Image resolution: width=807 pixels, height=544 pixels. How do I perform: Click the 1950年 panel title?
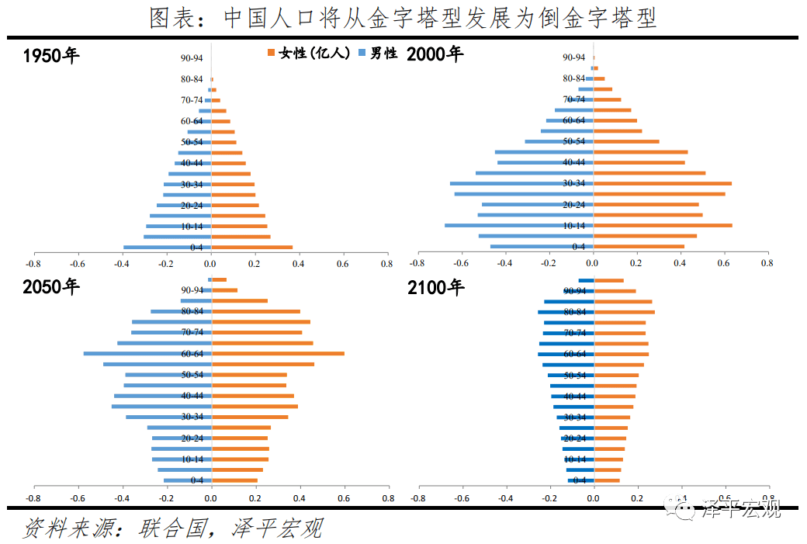[51, 56]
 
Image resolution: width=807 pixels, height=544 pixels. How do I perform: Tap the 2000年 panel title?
[435, 54]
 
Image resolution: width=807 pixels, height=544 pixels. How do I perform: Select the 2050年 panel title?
[51, 287]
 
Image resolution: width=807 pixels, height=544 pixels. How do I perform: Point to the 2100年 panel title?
[435, 288]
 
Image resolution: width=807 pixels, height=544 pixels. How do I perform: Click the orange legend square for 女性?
[272, 53]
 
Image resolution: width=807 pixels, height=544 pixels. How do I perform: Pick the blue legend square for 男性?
[362, 53]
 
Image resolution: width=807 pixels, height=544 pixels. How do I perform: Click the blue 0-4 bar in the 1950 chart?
[167, 248]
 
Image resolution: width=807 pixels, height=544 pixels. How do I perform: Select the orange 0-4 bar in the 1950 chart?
[252, 248]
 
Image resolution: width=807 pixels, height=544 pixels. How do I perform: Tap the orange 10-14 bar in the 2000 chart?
[663, 226]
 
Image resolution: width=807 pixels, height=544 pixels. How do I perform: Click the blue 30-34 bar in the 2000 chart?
[521, 184]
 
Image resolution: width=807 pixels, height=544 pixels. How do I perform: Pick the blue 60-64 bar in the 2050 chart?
[147, 354]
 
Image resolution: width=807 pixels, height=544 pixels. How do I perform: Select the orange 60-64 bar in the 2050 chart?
[278, 354]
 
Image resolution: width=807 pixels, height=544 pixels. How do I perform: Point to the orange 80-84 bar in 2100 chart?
[624, 312]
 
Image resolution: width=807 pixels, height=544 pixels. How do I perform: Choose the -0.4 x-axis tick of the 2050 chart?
[123, 497]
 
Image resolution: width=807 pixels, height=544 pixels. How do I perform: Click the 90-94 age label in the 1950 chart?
[192, 57]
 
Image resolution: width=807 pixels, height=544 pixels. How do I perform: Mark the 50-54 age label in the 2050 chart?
[192, 375]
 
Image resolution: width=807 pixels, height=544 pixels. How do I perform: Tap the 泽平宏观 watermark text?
[740, 510]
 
